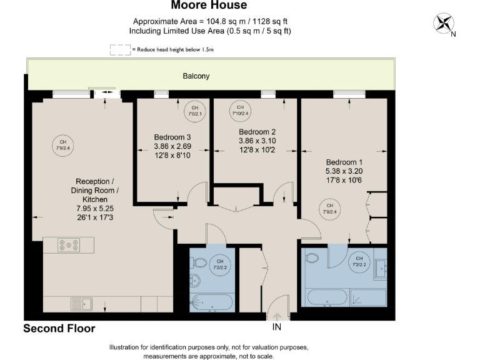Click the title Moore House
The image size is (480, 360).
[x=209, y=6]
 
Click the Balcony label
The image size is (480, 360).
[x=196, y=76]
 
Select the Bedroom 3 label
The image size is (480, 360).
[x=172, y=137]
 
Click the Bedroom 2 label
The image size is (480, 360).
[x=257, y=132]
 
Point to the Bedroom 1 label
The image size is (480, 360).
[x=343, y=161]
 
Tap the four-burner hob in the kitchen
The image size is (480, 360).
[x=67, y=245]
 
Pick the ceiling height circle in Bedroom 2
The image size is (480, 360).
[x=240, y=110]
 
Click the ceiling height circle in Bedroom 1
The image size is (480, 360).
[x=329, y=208]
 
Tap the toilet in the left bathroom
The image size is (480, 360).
[x=196, y=281]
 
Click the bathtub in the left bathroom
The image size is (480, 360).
[x=212, y=302]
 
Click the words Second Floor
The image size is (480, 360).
[x=59, y=328]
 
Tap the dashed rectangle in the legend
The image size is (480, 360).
[x=119, y=50]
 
